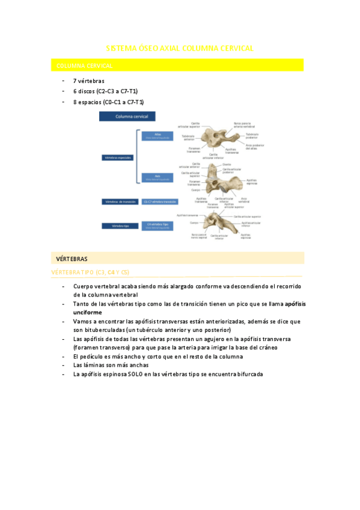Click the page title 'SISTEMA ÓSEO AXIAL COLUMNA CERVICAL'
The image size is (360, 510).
click(180, 48)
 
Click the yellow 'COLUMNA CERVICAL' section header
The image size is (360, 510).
click(84, 65)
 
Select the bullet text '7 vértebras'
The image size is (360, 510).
click(88, 81)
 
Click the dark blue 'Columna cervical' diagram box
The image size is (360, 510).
click(127, 117)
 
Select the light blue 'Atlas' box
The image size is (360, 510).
click(157, 136)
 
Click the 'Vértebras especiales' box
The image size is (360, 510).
click(118, 158)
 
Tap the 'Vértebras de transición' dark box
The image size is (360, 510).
click(120, 202)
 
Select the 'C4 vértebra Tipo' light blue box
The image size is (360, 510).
click(158, 226)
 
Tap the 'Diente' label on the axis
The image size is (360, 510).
click(226, 164)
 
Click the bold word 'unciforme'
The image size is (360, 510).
click(88, 313)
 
